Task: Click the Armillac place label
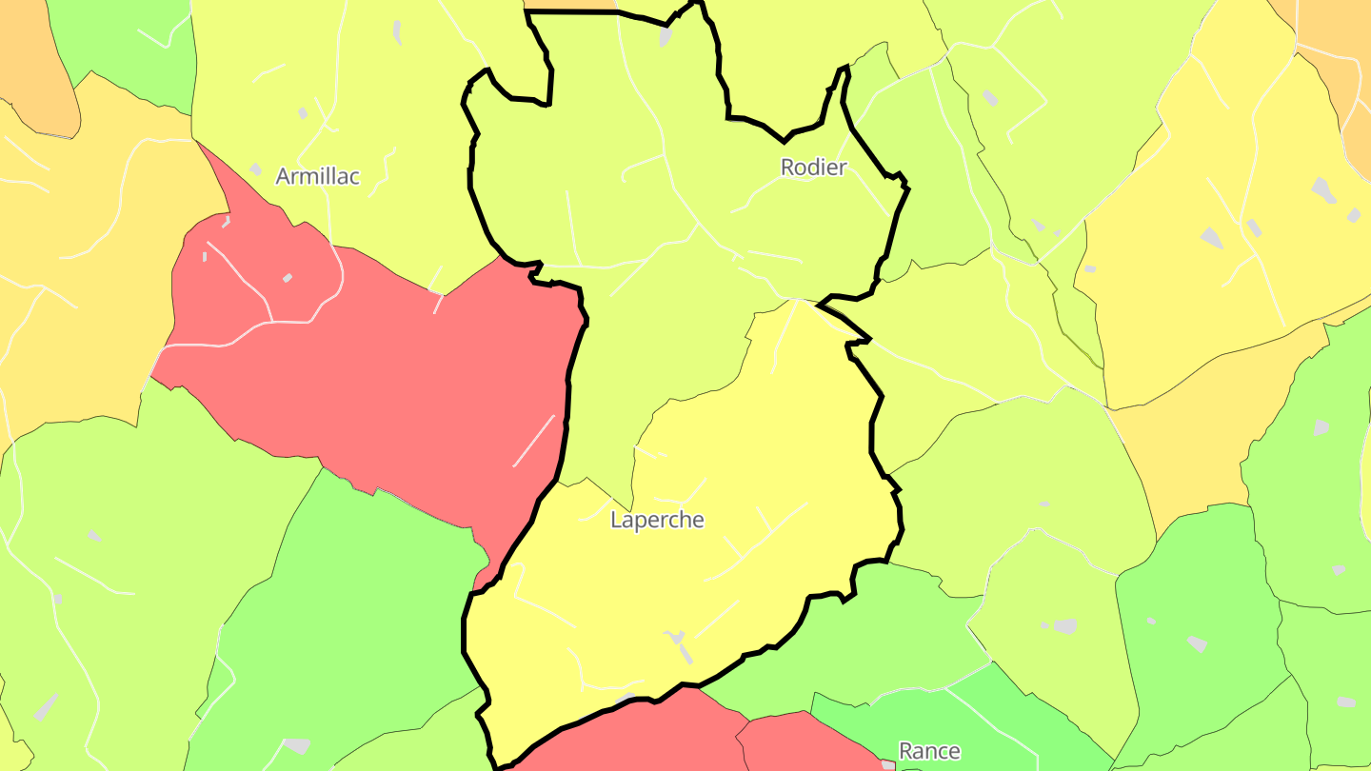coord(317,176)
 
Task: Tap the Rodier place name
coord(813,168)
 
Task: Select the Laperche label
coord(657,520)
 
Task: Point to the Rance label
coord(929,751)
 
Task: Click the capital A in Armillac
coord(283,176)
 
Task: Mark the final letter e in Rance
coord(954,752)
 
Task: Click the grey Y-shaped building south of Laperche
coord(679,643)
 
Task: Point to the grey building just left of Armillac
coord(255,169)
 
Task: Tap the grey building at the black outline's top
coord(665,36)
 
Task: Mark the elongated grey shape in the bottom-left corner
coord(46,706)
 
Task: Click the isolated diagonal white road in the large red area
coord(533,441)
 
